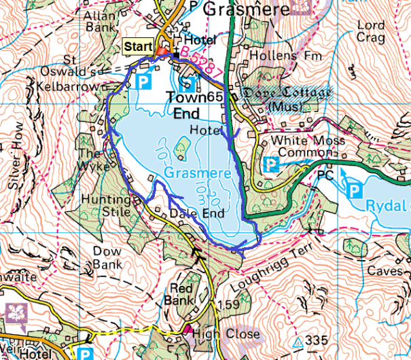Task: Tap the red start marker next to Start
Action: pyautogui.click(x=162, y=52)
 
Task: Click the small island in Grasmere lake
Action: pyautogui.click(x=182, y=143)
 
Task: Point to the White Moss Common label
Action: pyautogui.click(x=301, y=146)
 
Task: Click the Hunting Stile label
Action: pyautogui.click(x=105, y=206)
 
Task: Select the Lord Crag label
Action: pyautogui.click(x=370, y=31)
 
